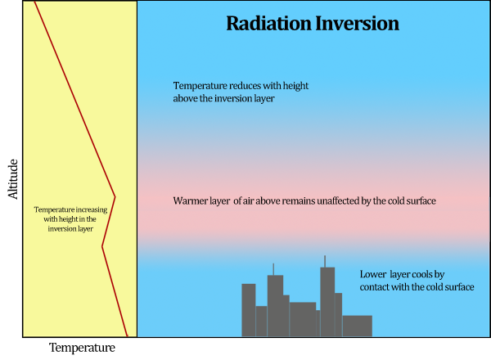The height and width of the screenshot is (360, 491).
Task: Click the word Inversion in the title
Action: click(357, 23)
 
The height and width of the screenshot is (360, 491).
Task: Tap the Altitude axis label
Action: click(12, 178)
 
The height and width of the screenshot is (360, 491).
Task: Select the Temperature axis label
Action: click(82, 348)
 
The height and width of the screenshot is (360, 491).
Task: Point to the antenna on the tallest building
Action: click(325, 261)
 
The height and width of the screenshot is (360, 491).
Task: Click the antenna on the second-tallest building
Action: click(273, 268)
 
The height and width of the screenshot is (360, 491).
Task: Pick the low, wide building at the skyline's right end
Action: click(357, 326)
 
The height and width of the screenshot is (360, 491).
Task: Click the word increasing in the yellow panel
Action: click(96, 209)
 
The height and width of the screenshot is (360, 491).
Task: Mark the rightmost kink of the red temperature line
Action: click(115, 196)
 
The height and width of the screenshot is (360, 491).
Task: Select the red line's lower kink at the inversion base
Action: click(102, 246)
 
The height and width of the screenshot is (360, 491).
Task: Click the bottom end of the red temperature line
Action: click(127, 335)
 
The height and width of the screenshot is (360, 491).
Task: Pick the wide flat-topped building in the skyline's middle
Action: click(303, 319)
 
